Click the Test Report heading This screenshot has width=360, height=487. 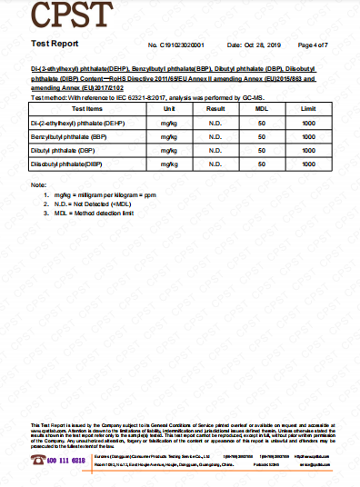[x=55, y=44]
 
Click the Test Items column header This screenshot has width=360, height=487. [x=86, y=108]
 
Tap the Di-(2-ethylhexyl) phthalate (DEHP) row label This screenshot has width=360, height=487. [x=77, y=122]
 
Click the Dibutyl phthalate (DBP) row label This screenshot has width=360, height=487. [x=63, y=149]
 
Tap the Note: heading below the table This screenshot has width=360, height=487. [x=38, y=185]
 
